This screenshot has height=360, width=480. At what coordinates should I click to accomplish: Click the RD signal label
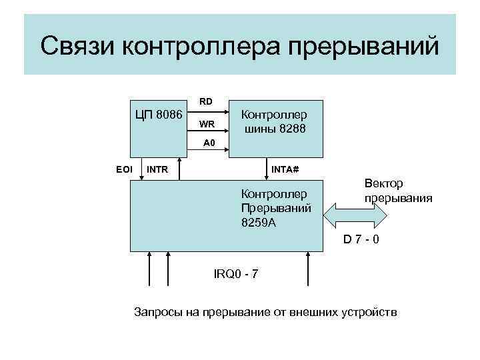(207, 102)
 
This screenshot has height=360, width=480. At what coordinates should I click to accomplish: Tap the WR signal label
(207, 124)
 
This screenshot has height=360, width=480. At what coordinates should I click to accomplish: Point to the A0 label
(209, 143)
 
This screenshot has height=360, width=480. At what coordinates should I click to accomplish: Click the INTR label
(157, 169)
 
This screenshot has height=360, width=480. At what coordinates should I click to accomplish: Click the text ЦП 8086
(159, 114)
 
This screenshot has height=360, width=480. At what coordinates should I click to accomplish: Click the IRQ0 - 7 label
(236, 275)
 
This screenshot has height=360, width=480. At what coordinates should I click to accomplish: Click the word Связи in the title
(79, 47)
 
